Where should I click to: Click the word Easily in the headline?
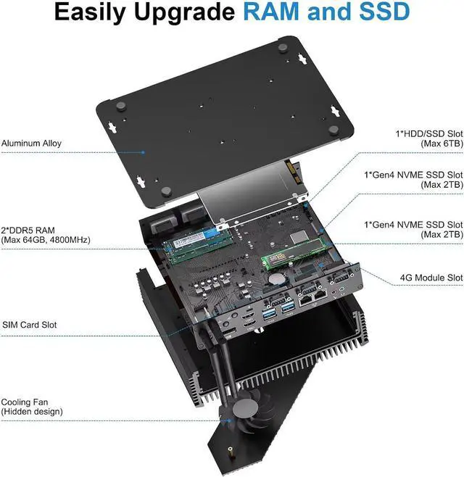pyautogui.click(x=92, y=12)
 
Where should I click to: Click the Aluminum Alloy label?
pyautogui.click(x=31, y=144)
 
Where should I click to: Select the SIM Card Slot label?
pyautogui.click(x=30, y=325)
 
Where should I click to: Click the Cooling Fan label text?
pyautogui.click(x=25, y=402)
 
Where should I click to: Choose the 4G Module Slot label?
pyautogui.click(x=431, y=278)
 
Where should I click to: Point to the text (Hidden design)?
pyautogui.click(x=31, y=412)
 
